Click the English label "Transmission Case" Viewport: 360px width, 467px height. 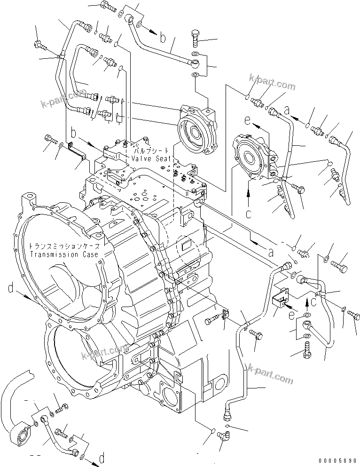(64, 254)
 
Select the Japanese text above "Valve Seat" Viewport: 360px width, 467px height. (151, 152)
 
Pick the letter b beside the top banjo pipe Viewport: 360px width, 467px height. (162, 38)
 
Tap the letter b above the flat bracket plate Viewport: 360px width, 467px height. (74, 132)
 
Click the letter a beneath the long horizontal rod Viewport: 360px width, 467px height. (270, 252)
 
